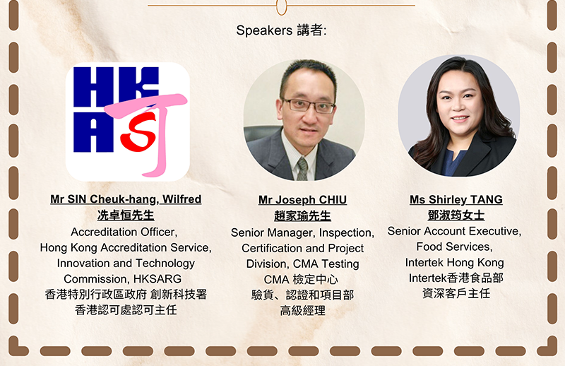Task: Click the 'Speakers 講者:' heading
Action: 281,30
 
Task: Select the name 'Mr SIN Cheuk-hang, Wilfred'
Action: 126,199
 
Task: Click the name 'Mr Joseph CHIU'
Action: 303,200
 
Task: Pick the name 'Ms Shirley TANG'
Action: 456,199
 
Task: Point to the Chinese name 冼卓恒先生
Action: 126,216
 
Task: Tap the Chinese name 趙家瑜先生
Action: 303,216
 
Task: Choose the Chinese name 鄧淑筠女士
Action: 456,216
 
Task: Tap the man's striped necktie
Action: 302,169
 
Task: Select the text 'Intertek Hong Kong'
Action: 454,263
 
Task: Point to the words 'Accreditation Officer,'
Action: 124,232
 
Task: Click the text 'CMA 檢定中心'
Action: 301,280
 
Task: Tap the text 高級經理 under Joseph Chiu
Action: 303,310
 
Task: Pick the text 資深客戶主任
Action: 456,293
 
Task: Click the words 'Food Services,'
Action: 454,247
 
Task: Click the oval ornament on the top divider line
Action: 281,7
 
